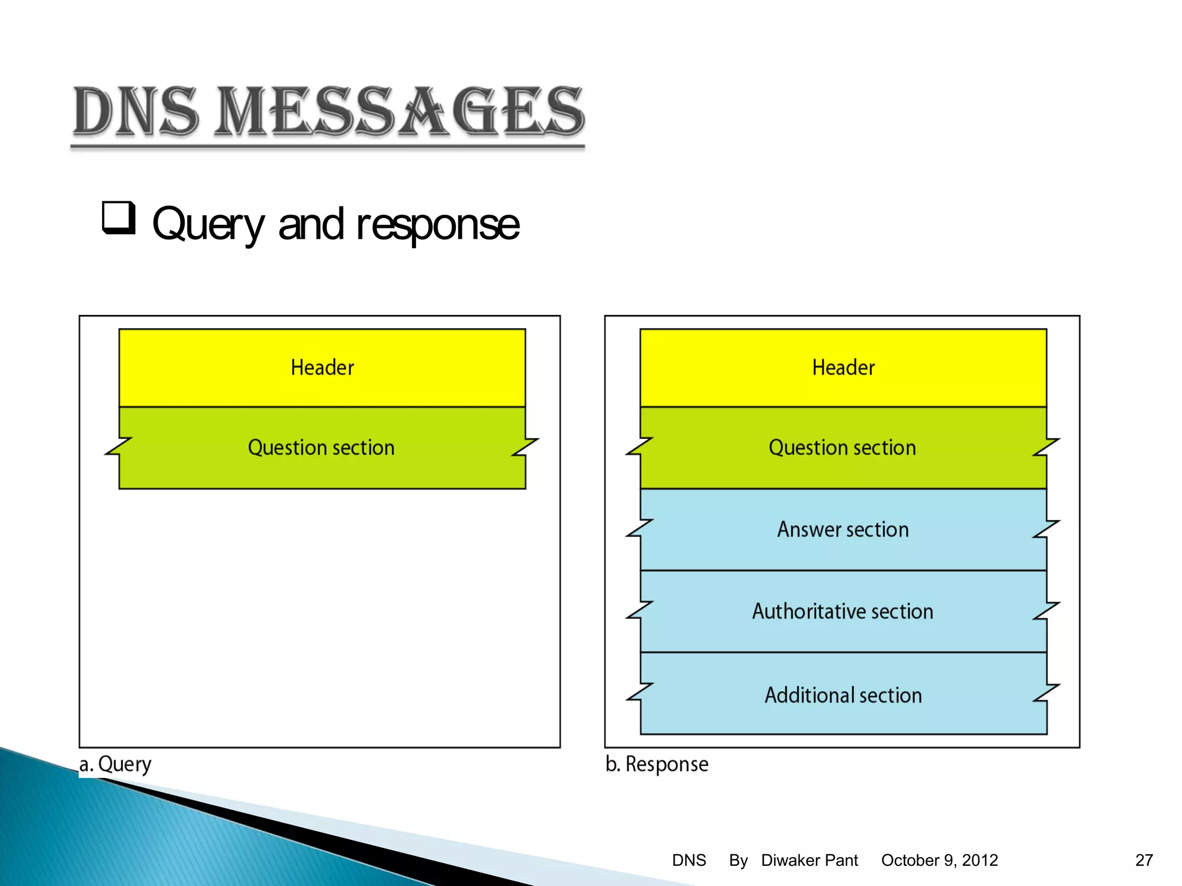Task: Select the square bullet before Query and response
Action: [119, 217]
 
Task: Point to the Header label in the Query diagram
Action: [322, 367]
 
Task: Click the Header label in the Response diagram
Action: [843, 367]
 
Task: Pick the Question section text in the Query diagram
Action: [321, 448]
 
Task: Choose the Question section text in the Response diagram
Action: [842, 448]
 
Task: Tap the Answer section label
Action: [843, 530]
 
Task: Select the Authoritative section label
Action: [843, 611]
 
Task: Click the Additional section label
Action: [843, 695]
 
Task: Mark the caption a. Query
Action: [115, 764]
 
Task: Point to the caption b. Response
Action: [657, 764]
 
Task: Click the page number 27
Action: [1144, 860]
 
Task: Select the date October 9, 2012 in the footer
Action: [939, 860]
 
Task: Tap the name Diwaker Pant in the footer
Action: [809, 860]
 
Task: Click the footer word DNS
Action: [689, 860]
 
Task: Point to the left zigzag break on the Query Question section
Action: [118, 446]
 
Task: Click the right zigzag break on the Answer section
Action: [1046, 528]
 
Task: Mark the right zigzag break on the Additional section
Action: [1046, 693]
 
